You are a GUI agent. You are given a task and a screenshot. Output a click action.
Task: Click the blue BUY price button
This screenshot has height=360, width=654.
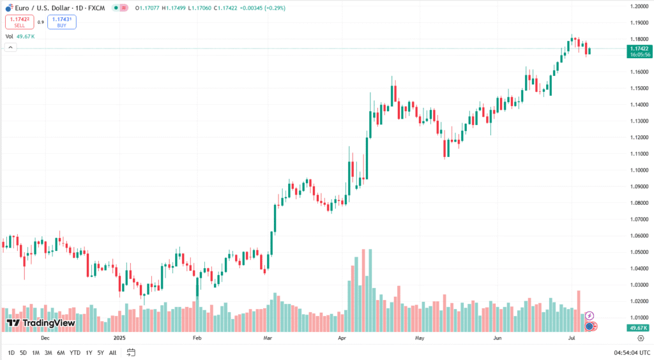point(61,22)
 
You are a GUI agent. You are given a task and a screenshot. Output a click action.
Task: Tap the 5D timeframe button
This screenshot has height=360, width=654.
point(23,352)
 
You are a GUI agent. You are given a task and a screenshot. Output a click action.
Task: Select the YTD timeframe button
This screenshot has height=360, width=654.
point(75,352)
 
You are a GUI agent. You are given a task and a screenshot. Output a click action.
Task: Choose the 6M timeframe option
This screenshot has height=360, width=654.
point(61,352)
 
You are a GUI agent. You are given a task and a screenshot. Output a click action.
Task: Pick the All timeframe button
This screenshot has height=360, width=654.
point(112,352)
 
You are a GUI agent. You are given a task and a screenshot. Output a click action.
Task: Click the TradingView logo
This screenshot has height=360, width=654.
point(41,323)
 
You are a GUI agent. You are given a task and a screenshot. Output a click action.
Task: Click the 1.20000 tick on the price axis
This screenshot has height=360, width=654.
point(639,6)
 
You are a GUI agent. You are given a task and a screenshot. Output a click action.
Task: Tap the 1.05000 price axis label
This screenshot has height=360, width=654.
point(639,252)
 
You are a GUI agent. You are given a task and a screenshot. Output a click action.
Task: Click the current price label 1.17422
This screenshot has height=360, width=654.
point(639,49)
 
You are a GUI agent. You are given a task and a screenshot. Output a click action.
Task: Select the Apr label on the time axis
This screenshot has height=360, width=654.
point(342,338)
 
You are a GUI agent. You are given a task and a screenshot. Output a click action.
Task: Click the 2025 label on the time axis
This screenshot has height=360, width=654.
point(118,338)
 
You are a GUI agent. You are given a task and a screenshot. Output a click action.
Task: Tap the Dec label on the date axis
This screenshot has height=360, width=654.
point(45,338)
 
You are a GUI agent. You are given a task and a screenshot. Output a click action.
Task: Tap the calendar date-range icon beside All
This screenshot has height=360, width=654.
point(131,352)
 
